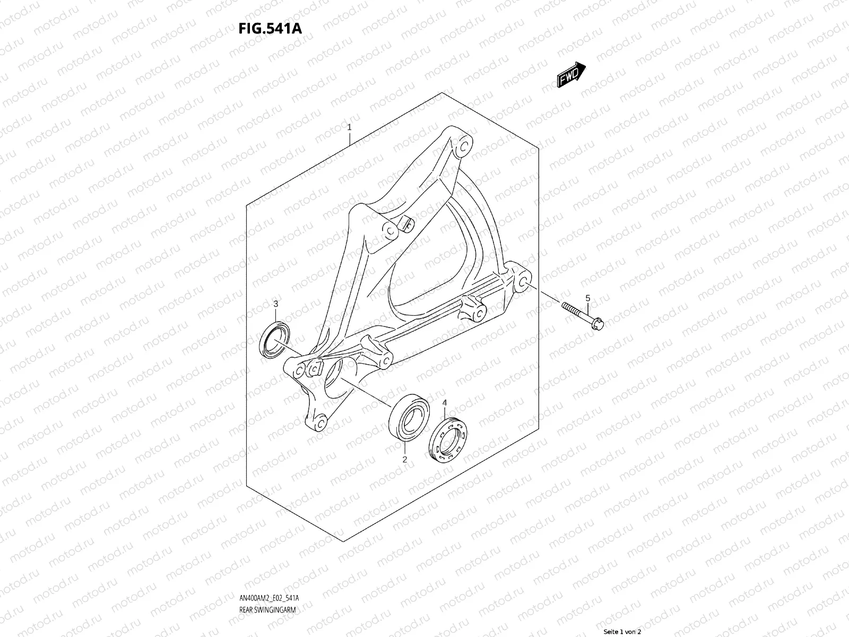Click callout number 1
(x=349, y=127)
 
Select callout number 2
(x=404, y=460)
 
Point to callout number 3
(x=276, y=304)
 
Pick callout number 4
(x=445, y=403)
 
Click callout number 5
(x=587, y=298)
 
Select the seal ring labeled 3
(x=275, y=338)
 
